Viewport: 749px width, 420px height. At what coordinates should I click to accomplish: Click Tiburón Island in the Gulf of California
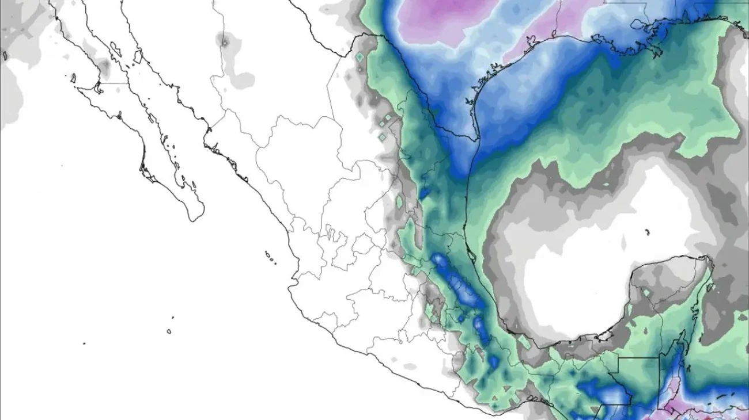138,56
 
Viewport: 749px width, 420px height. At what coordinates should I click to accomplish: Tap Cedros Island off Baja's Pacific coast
74,77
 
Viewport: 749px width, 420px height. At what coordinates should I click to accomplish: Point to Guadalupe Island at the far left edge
5,56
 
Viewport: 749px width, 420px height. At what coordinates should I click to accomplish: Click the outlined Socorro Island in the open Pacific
169,331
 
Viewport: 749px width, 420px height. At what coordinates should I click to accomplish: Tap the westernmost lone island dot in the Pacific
84,343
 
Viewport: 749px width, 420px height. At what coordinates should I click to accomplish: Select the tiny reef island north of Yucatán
648,232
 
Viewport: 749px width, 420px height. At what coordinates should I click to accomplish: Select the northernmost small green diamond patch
360,58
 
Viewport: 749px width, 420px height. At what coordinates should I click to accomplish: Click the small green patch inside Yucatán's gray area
647,293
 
